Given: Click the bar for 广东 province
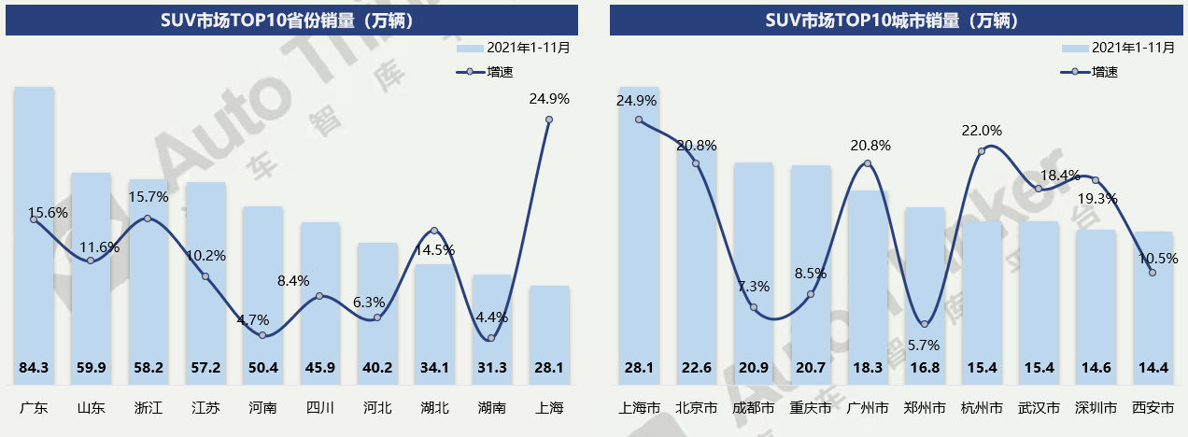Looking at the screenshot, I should (x=34, y=233).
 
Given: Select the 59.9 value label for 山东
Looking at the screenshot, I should (x=91, y=368).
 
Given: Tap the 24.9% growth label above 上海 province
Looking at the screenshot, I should (x=549, y=99).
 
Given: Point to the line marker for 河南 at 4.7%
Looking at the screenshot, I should (x=262, y=335).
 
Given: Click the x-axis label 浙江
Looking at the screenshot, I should (x=148, y=408).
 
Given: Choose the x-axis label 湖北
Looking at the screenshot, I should (x=434, y=408).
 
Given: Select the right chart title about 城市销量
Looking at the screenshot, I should (x=892, y=20).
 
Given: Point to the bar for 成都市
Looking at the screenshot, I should (x=753, y=271).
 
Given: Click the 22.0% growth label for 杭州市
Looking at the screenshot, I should (x=982, y=131).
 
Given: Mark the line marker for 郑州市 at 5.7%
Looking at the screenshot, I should (x=925, y=324).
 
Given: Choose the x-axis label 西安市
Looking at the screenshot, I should (x=1153, y=408).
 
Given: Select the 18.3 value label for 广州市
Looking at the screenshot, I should (x=868, y=368).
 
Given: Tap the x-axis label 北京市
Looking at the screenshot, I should (x=696, y=408).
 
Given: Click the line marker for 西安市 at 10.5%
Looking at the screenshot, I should (x=1153, y=273).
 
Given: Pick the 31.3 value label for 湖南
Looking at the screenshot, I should (x=491, y=368).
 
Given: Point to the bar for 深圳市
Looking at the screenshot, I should (x=1096, y=299).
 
